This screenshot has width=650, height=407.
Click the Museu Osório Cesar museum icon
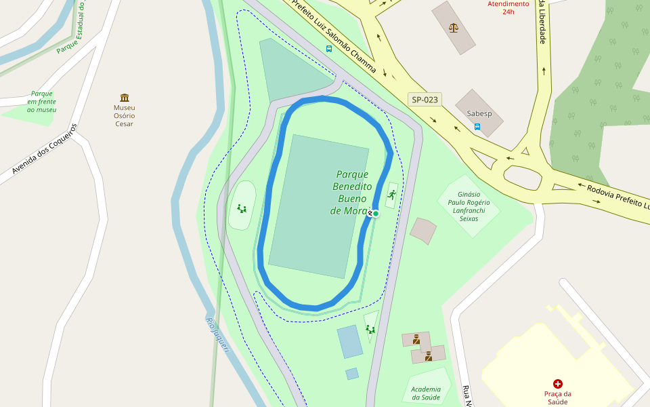click(125, 98)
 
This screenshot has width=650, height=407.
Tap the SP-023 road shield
click(425, 100)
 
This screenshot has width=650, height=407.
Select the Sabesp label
click(478, 114)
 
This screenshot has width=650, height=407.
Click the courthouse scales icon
click(454, 28)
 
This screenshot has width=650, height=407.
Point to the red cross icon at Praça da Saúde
click(558, 384)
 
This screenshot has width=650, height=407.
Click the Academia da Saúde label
click(425, 393)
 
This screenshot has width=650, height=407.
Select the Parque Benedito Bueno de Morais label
click(352, 193)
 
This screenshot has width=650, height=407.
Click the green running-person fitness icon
click(391, 195)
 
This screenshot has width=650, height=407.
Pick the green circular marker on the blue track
click(376, 213)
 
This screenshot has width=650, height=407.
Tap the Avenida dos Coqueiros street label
click(45, 153)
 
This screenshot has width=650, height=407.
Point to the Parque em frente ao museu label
click(42, 102)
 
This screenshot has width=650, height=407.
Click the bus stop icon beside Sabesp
click(477, 126)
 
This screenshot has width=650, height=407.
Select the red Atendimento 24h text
click(508, 7)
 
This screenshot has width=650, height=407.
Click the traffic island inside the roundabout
click(523, 178)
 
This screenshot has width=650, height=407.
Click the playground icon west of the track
click(242, 208)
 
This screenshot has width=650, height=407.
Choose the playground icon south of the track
click(370, 330)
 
